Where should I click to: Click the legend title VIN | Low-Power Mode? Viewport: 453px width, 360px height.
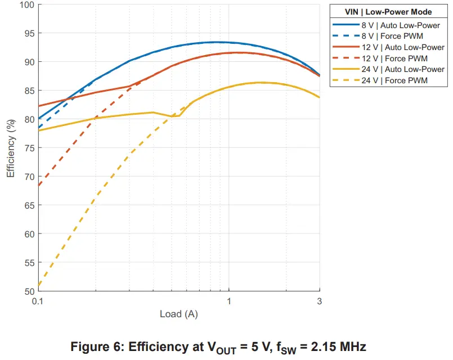click(x=389, y=12)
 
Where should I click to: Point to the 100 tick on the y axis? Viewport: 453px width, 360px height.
click(x=27, y=4)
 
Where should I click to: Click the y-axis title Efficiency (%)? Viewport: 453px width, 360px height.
click(x=11, y=148)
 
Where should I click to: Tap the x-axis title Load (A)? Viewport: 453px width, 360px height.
click(x=179, y=314)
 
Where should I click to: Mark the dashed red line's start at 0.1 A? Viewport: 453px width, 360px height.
click(x=39, y=185)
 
